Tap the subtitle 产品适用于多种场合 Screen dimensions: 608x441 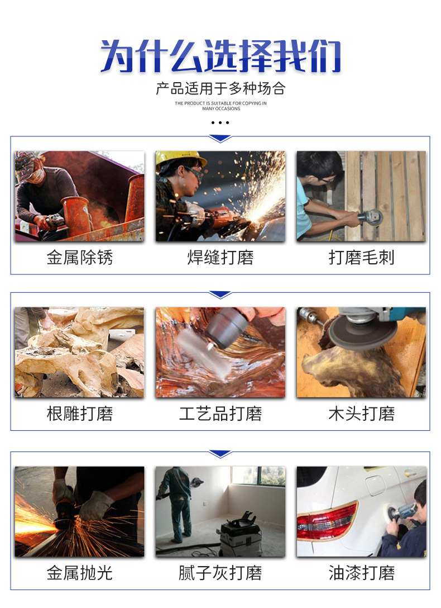[220, 88]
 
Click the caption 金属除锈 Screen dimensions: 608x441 [79, 257]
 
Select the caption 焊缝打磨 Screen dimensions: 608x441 [220, 257]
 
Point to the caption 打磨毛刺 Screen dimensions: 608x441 [361, 257]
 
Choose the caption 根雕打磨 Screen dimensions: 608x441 [79, 414]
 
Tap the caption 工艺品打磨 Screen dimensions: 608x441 [220, 414]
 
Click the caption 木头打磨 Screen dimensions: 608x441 [361, 414]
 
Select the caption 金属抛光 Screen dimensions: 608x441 [79, 573]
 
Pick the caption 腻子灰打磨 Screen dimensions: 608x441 [220, 573]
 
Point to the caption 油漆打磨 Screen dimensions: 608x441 [361, 573]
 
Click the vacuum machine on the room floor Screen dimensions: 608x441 [241, 536]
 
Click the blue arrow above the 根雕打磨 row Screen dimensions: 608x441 [220, 294]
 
